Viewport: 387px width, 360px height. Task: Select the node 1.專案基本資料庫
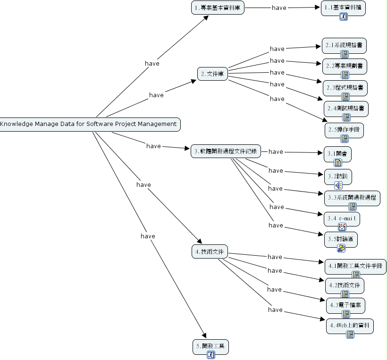[218, 8]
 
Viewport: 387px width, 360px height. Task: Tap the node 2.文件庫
[212, 74]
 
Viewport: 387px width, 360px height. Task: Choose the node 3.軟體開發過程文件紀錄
[226, 151]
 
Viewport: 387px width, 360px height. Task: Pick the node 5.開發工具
[210, 347]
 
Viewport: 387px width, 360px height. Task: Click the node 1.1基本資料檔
[343, 8]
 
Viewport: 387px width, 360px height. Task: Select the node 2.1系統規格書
[344, 45]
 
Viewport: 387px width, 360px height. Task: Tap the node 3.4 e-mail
[342, 218]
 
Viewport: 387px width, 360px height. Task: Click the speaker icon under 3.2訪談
[338, 185]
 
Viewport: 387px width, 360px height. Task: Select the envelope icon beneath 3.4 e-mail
[342, 227]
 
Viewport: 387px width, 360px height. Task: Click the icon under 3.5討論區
[341, 248]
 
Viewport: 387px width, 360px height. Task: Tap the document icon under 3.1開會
[338, 163]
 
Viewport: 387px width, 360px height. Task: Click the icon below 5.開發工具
[211, 355]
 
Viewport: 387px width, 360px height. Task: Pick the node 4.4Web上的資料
[350, 326]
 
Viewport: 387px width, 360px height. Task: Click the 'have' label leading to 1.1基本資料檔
[279, 8]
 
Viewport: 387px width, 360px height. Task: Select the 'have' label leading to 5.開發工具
[148, 236]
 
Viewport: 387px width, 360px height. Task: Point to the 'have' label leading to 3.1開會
[276, 151]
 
